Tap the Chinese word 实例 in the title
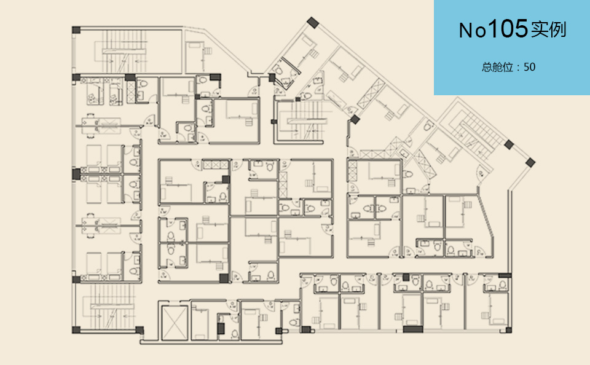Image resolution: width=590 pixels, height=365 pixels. coord(549,29)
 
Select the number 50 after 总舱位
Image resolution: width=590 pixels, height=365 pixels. coord(529,67)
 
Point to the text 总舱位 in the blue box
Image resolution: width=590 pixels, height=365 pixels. coord(497,68)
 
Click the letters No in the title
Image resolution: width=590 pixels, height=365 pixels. coord(473,30)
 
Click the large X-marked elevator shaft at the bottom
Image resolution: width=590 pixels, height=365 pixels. coord(175,323)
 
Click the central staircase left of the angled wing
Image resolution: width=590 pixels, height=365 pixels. coord(305,120)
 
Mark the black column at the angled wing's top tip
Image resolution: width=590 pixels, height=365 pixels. coord(312,23)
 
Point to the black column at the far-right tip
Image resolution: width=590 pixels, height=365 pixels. coord(530,163)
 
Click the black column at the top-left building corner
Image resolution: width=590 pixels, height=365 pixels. coord(76,30)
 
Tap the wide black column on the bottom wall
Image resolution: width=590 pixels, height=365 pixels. coord(413,329)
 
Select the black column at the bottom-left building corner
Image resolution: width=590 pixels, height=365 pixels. coord(76,330)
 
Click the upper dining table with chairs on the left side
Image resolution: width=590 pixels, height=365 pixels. coord(91,124)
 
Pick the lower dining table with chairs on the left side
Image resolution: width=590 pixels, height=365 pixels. coord(91,226)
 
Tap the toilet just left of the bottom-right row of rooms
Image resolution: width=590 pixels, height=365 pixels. coord(294,323)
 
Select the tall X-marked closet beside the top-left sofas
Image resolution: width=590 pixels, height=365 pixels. coord(131,92)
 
